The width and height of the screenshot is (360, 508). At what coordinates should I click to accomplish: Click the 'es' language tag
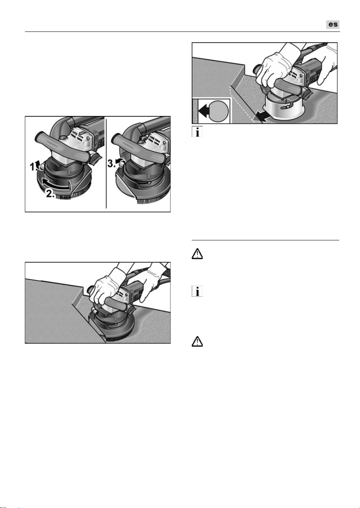coord(333,25)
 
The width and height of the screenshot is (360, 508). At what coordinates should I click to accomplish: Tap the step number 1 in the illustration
coord(33,167)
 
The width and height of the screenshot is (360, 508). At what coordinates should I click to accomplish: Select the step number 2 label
coord(50,194)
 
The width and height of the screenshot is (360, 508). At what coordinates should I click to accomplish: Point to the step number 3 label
coord(111,163)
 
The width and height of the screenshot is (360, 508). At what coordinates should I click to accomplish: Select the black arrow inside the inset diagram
coord(204,111)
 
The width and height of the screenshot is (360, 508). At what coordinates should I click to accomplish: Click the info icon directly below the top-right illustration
coord(197,132)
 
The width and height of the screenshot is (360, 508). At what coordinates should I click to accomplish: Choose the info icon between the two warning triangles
coord(197,291)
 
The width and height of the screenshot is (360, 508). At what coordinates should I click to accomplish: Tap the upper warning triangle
coord(197,255)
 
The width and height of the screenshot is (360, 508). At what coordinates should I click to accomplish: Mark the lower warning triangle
coord(197,342)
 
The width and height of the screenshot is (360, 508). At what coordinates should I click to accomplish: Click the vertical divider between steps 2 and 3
coord(106,162)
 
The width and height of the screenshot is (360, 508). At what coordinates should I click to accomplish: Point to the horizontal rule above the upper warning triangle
coord(265,240)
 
